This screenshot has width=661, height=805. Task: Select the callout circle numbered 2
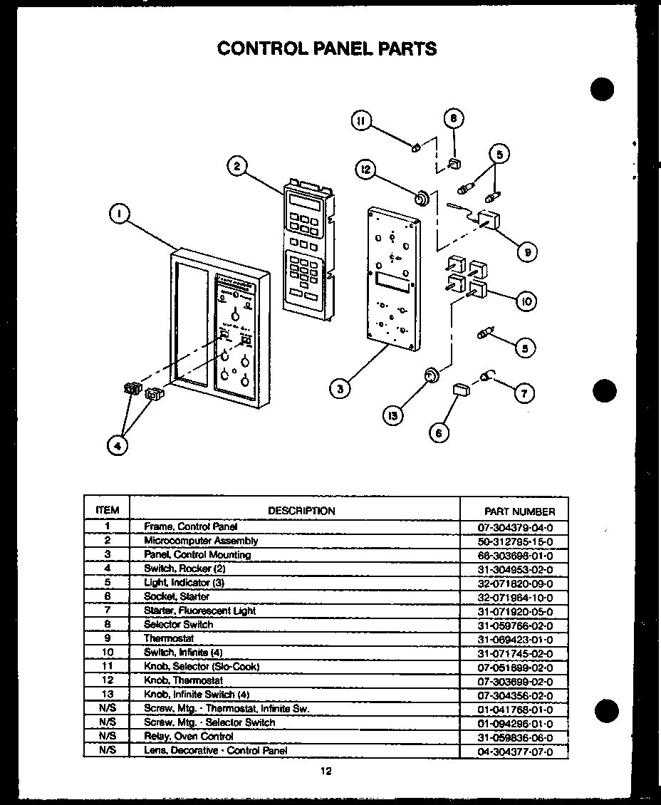coord(237,167)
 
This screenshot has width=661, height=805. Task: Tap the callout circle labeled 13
coord(392,415)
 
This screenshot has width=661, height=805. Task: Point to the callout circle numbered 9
coord(528,251)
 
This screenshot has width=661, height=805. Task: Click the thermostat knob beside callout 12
coord(421,197)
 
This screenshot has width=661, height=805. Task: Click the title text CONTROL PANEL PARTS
coord(326,48)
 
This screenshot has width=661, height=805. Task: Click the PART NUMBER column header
coord(519,511)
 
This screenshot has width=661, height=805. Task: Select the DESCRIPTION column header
coord(301,510)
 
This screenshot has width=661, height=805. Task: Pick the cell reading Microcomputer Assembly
coord(201,541)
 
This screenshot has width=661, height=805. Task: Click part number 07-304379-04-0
coord(516,528)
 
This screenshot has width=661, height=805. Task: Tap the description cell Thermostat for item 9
coord(168,638)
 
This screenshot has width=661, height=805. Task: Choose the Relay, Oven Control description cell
coord(188,736)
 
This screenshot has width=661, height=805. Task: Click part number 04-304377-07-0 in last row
coord(516,750)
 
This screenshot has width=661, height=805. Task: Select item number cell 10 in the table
coord(107,653)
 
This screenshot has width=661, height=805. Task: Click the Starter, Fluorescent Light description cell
coord(199,611)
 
